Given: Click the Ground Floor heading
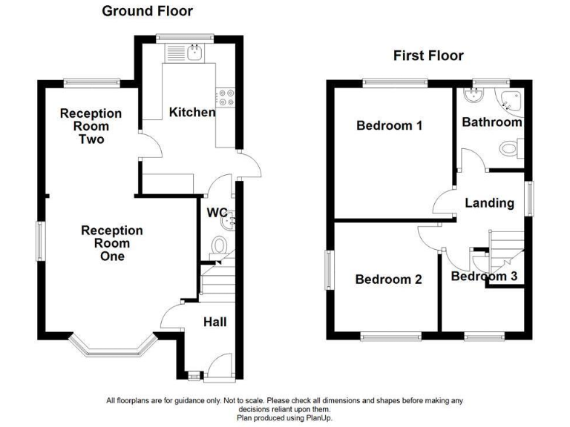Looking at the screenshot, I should [x=147, y=11].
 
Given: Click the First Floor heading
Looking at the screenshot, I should [x=428, y=56].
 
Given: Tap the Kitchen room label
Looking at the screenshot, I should [x=192, y=113].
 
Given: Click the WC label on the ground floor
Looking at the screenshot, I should [x=217, y=213].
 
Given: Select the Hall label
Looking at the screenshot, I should [x=215, y=322].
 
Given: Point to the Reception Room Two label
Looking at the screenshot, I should [x=91, y=126].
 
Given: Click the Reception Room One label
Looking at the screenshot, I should [x=112, y=243].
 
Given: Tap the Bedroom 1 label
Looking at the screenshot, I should [x=390, y=126].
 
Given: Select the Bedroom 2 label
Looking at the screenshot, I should [x=388, y=279].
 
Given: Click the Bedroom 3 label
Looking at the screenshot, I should [x=485, y=277].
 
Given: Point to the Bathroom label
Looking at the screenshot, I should [x=492, y=122].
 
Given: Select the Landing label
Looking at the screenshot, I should [x=489, y=203].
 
